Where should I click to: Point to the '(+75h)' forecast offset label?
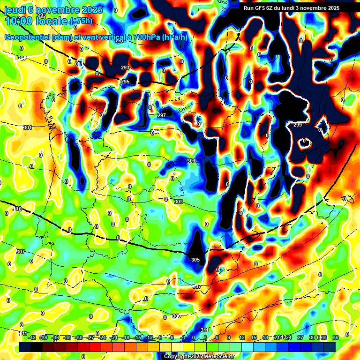click(81, 21)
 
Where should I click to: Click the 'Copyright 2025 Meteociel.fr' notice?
click(199, 357)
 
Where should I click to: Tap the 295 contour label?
click(125, 82)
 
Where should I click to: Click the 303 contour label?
click(178, 202)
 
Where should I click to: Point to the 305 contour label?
click(195, 260)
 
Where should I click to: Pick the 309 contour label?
click(176, 316)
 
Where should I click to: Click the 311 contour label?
click(204, 330)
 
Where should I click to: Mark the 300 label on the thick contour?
click(17, 209)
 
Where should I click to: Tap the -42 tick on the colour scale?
click(32, 337)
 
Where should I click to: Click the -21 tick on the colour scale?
click(114, 337)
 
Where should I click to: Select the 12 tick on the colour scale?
click(242, 337)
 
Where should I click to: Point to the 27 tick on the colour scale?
click(300, 337)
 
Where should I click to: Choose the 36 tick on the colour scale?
click(335, 337)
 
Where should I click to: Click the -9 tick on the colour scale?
click(161, 337)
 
